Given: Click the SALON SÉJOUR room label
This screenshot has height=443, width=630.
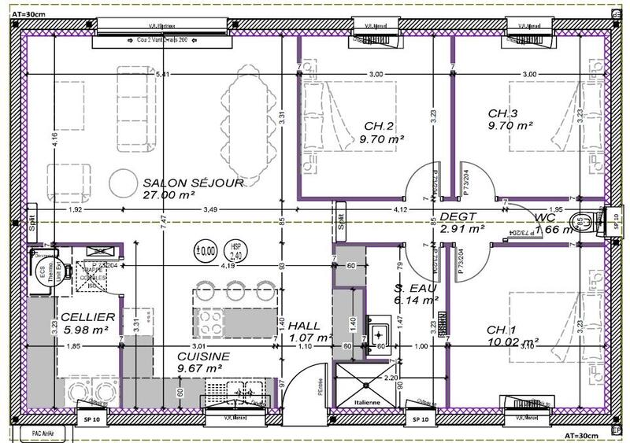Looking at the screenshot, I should coord(193,183).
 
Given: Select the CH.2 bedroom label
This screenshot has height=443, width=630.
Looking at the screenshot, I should coord(379,126).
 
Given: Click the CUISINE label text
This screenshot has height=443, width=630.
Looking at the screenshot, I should coord(203,356).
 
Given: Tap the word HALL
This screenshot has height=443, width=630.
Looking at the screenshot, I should coord(304,326).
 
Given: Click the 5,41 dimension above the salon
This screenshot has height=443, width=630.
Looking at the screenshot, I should coord(163,74).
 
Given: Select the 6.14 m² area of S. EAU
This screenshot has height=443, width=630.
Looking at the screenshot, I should coord(416,300).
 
